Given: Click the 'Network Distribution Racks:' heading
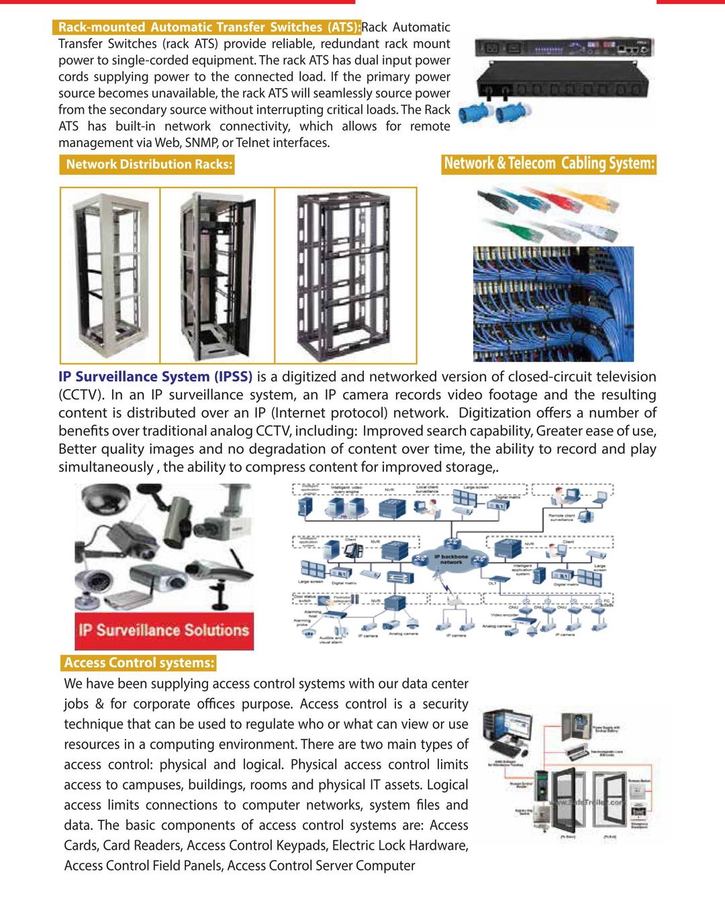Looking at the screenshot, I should tap(149, 164).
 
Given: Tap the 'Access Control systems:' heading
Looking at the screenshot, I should tap(139, 663).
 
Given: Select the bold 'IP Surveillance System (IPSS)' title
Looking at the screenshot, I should tap(155, 377).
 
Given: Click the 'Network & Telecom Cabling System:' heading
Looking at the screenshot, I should tap(549, 164).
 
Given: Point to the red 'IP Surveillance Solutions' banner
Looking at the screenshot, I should tap(164, 631).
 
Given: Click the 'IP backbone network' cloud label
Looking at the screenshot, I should tap(450, 558).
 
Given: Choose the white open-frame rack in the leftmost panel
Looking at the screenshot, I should tap(110, 275).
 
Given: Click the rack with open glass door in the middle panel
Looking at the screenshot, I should tap(216, 275).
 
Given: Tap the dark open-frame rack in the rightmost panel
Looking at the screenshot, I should tap(344, 275).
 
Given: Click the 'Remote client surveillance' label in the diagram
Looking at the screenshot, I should tap(561, 517).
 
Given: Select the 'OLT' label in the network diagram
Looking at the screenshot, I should tap(492, 583).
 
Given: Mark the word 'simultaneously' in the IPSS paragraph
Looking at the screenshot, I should tap(105, 467).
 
